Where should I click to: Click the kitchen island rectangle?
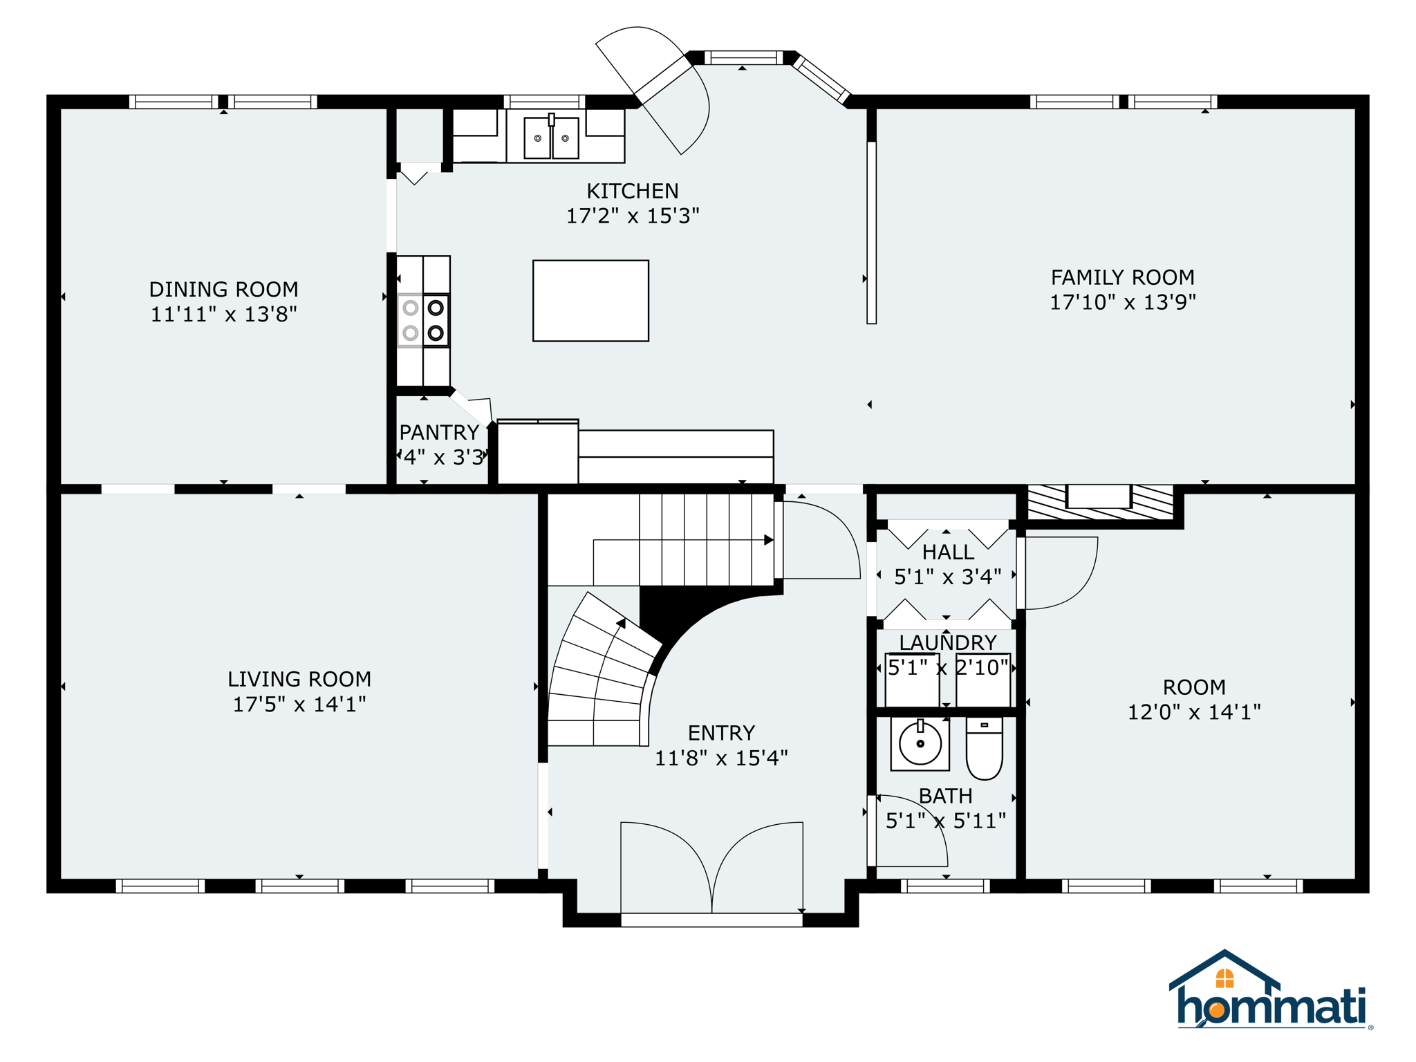click(x=590, y=301)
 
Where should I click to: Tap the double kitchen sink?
click(x=551, y=138)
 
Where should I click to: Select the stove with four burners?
click(x=423, y=321)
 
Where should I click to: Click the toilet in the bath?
click(x=984, y=748)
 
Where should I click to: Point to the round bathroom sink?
click(x=920, y=744)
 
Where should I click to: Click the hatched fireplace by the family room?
click(x=1100, y=503)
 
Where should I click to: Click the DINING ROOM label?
click(x=224, y=289)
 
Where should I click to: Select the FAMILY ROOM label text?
click(x=1123, y=277)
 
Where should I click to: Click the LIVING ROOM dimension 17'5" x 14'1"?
click(x=299, y=705)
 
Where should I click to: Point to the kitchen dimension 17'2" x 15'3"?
click(x=633, y=216)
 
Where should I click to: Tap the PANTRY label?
click(x=440, y=432)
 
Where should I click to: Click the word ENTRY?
click(x=721, y=733)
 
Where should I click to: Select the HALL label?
click(x=948, y=552)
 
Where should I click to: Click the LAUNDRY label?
click(x=948, y=642)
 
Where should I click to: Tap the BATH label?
click(x=946, y=796)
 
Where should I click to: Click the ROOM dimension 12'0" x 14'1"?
click(x=1194, y=712)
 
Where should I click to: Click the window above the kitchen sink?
click(x=544, y=102)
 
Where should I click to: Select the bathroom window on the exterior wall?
click(x=945, y=886)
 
